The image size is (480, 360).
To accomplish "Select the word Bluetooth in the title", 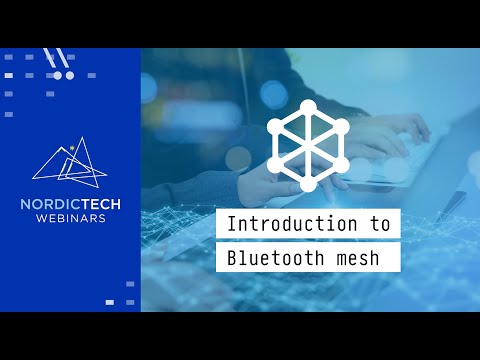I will click(x=267, y=257).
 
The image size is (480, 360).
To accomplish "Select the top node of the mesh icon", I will click(x=308, y=105).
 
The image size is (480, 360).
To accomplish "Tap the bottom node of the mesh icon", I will click(x=308, y=186).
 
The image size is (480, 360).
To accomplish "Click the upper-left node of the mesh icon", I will click(x=274, y=126).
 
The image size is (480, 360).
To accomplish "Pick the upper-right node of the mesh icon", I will click(x=342, y=126).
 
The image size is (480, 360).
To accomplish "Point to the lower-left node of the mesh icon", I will click(x=274, y=165).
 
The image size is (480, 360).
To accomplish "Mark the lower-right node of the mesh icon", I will click(x=342, y=165).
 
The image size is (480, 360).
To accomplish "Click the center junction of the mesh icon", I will click(x=308, y=146).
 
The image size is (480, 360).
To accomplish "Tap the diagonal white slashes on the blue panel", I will click(x=58, y=58).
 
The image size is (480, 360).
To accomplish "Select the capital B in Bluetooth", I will click(x=232, y=257).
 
